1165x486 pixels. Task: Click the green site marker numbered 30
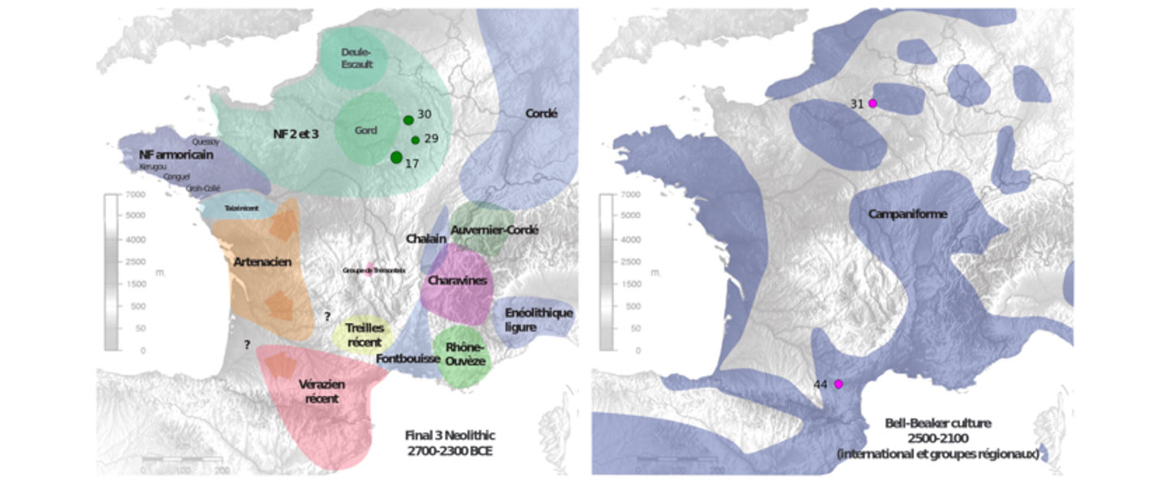click(408, 120)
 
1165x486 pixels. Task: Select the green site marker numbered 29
click(415, 139)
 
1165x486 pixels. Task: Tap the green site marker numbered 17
click(396, 157)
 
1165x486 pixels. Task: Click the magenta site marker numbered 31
click(873, 103)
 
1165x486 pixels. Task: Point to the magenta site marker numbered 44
click(839, 383)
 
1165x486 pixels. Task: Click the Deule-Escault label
click(356, 58)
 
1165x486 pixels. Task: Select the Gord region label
click(366, 130)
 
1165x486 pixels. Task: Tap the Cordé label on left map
click(541, 113)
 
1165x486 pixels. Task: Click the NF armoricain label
click(176, 154)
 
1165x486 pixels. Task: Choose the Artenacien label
click(262, 262)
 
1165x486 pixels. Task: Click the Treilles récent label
click(364, 335)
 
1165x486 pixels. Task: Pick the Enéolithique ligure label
click(538, 319)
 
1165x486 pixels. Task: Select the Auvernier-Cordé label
click(494, 230)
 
